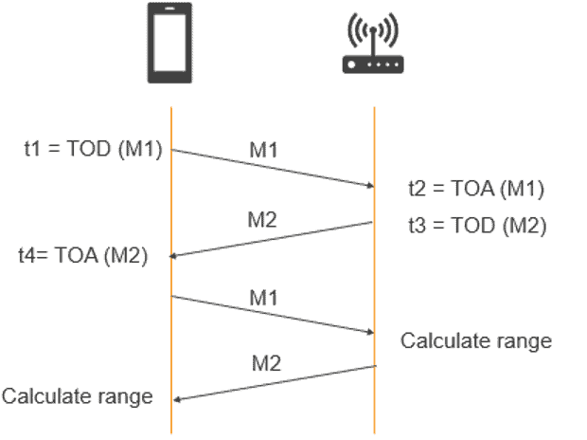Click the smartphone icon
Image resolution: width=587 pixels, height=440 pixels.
[169, 43]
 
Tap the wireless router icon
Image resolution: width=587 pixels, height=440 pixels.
[373, 43]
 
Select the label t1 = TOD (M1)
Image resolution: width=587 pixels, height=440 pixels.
[93, 149]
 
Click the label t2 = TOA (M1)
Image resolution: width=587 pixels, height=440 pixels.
[476, 189]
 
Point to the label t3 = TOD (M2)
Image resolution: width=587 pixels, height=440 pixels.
[477, 226]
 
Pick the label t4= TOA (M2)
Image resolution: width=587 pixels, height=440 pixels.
[83, 256]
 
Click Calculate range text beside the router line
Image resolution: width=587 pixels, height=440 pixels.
[476, 341]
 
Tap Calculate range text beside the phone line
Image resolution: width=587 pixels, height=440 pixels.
[78, 396]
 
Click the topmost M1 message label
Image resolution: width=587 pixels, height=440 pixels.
[263, 150]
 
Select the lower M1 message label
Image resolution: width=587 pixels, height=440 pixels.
[263, 298]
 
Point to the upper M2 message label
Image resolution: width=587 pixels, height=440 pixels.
[262, 220]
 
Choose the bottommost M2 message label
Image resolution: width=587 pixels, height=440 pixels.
[266, 363]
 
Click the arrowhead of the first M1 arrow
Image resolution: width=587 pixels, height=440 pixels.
[370, 185]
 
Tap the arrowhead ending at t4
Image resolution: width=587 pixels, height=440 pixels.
[173, 256]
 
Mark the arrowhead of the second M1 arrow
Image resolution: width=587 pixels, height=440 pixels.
[370, 332]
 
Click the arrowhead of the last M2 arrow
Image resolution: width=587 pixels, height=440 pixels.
[177, 400]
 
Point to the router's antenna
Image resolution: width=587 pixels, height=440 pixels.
[373, 42]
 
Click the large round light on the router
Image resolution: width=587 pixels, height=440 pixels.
[351, 64]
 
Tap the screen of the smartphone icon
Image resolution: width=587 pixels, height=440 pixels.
[169, 43]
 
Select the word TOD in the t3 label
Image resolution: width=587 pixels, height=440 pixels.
[472, 226]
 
